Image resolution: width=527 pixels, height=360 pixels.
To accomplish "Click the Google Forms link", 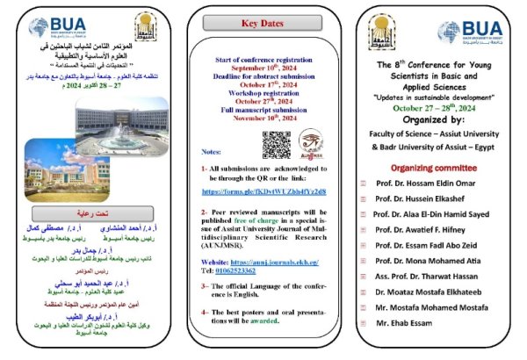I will (x=263, y=191).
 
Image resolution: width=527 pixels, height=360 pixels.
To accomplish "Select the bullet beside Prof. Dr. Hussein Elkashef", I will (x=364, y=198).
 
